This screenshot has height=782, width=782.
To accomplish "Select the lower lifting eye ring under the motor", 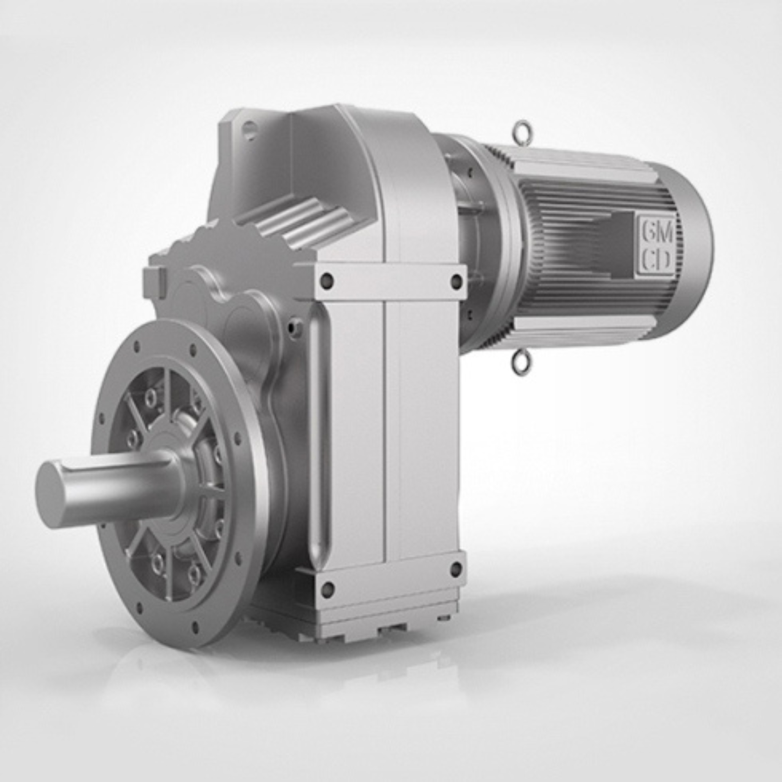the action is pos(520,363).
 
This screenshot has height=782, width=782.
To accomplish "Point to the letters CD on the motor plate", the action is pos(657,261).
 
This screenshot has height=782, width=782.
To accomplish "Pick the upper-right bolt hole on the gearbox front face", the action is pos(457,280).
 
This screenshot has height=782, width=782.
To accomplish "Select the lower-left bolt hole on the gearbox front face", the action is pos(328,589).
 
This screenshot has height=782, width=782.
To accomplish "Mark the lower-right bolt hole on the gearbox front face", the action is pos(456,569).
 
